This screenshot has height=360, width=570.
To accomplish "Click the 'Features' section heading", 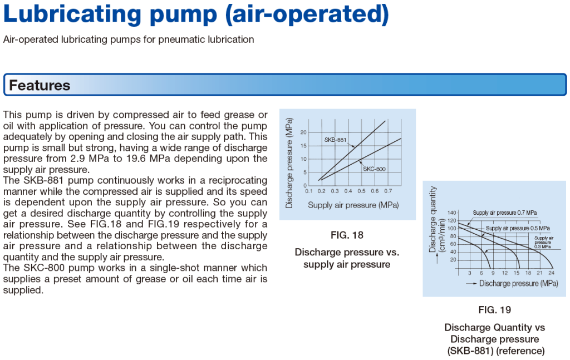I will (40, 86).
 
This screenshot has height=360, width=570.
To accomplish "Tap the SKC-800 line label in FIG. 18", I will (375, 169).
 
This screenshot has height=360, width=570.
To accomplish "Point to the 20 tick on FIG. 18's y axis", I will (303, 132).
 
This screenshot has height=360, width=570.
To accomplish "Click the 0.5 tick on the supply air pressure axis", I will (361, 191).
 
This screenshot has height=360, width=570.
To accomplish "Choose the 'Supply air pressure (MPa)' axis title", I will (353, 205).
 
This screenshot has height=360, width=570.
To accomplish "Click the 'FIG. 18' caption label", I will (347, 235).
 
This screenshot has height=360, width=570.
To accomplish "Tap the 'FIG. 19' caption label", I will (494, 310).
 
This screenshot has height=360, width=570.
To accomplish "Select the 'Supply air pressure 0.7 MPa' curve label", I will (505, 213).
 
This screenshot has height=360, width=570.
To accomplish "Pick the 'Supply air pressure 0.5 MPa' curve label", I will (518, 228).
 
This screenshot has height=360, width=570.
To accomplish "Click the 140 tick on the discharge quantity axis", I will (451, 213).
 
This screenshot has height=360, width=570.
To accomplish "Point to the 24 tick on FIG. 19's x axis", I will (551, 273).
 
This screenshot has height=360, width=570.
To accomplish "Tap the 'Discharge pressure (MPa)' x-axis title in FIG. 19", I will (518, 283).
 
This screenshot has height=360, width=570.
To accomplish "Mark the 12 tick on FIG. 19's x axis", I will (504, 273).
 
